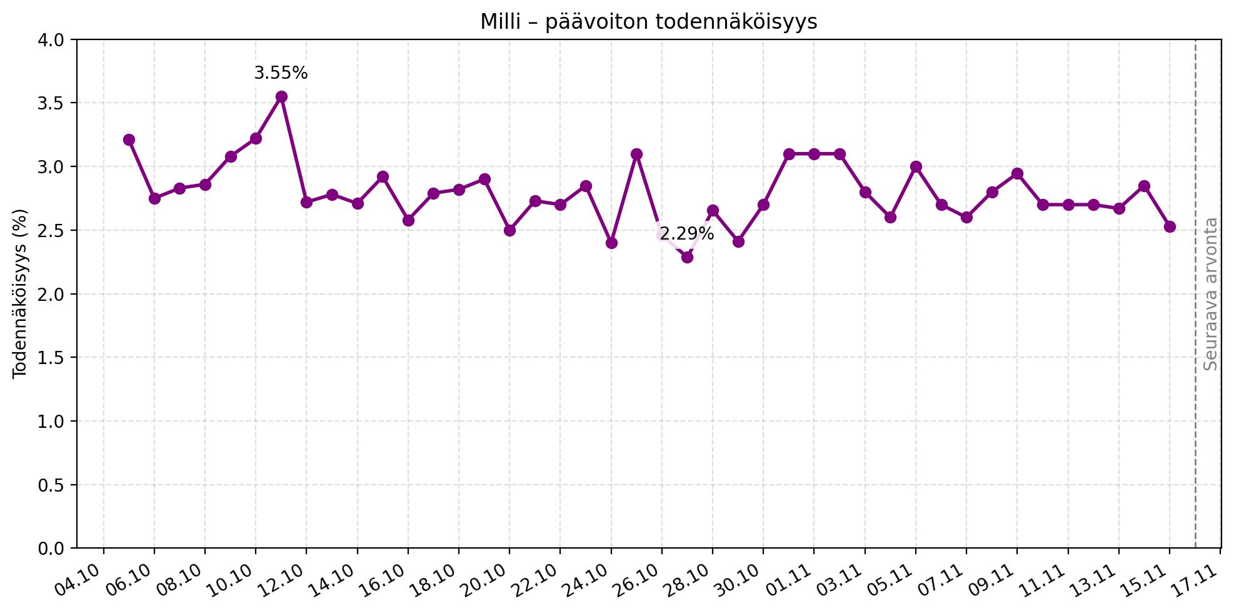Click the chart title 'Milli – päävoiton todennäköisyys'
point(648,22)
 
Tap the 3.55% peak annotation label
point(281,73)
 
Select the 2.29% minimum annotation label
point(686,234)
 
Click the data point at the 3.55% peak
point(281,96)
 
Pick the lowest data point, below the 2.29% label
point(687,257)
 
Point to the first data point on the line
point(129,139)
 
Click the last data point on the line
point(1170,226)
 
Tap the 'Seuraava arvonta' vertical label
point(1211,293)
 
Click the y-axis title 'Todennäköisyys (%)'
point(20,293)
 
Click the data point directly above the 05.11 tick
point(916,167)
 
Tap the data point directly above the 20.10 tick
point(509,230)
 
